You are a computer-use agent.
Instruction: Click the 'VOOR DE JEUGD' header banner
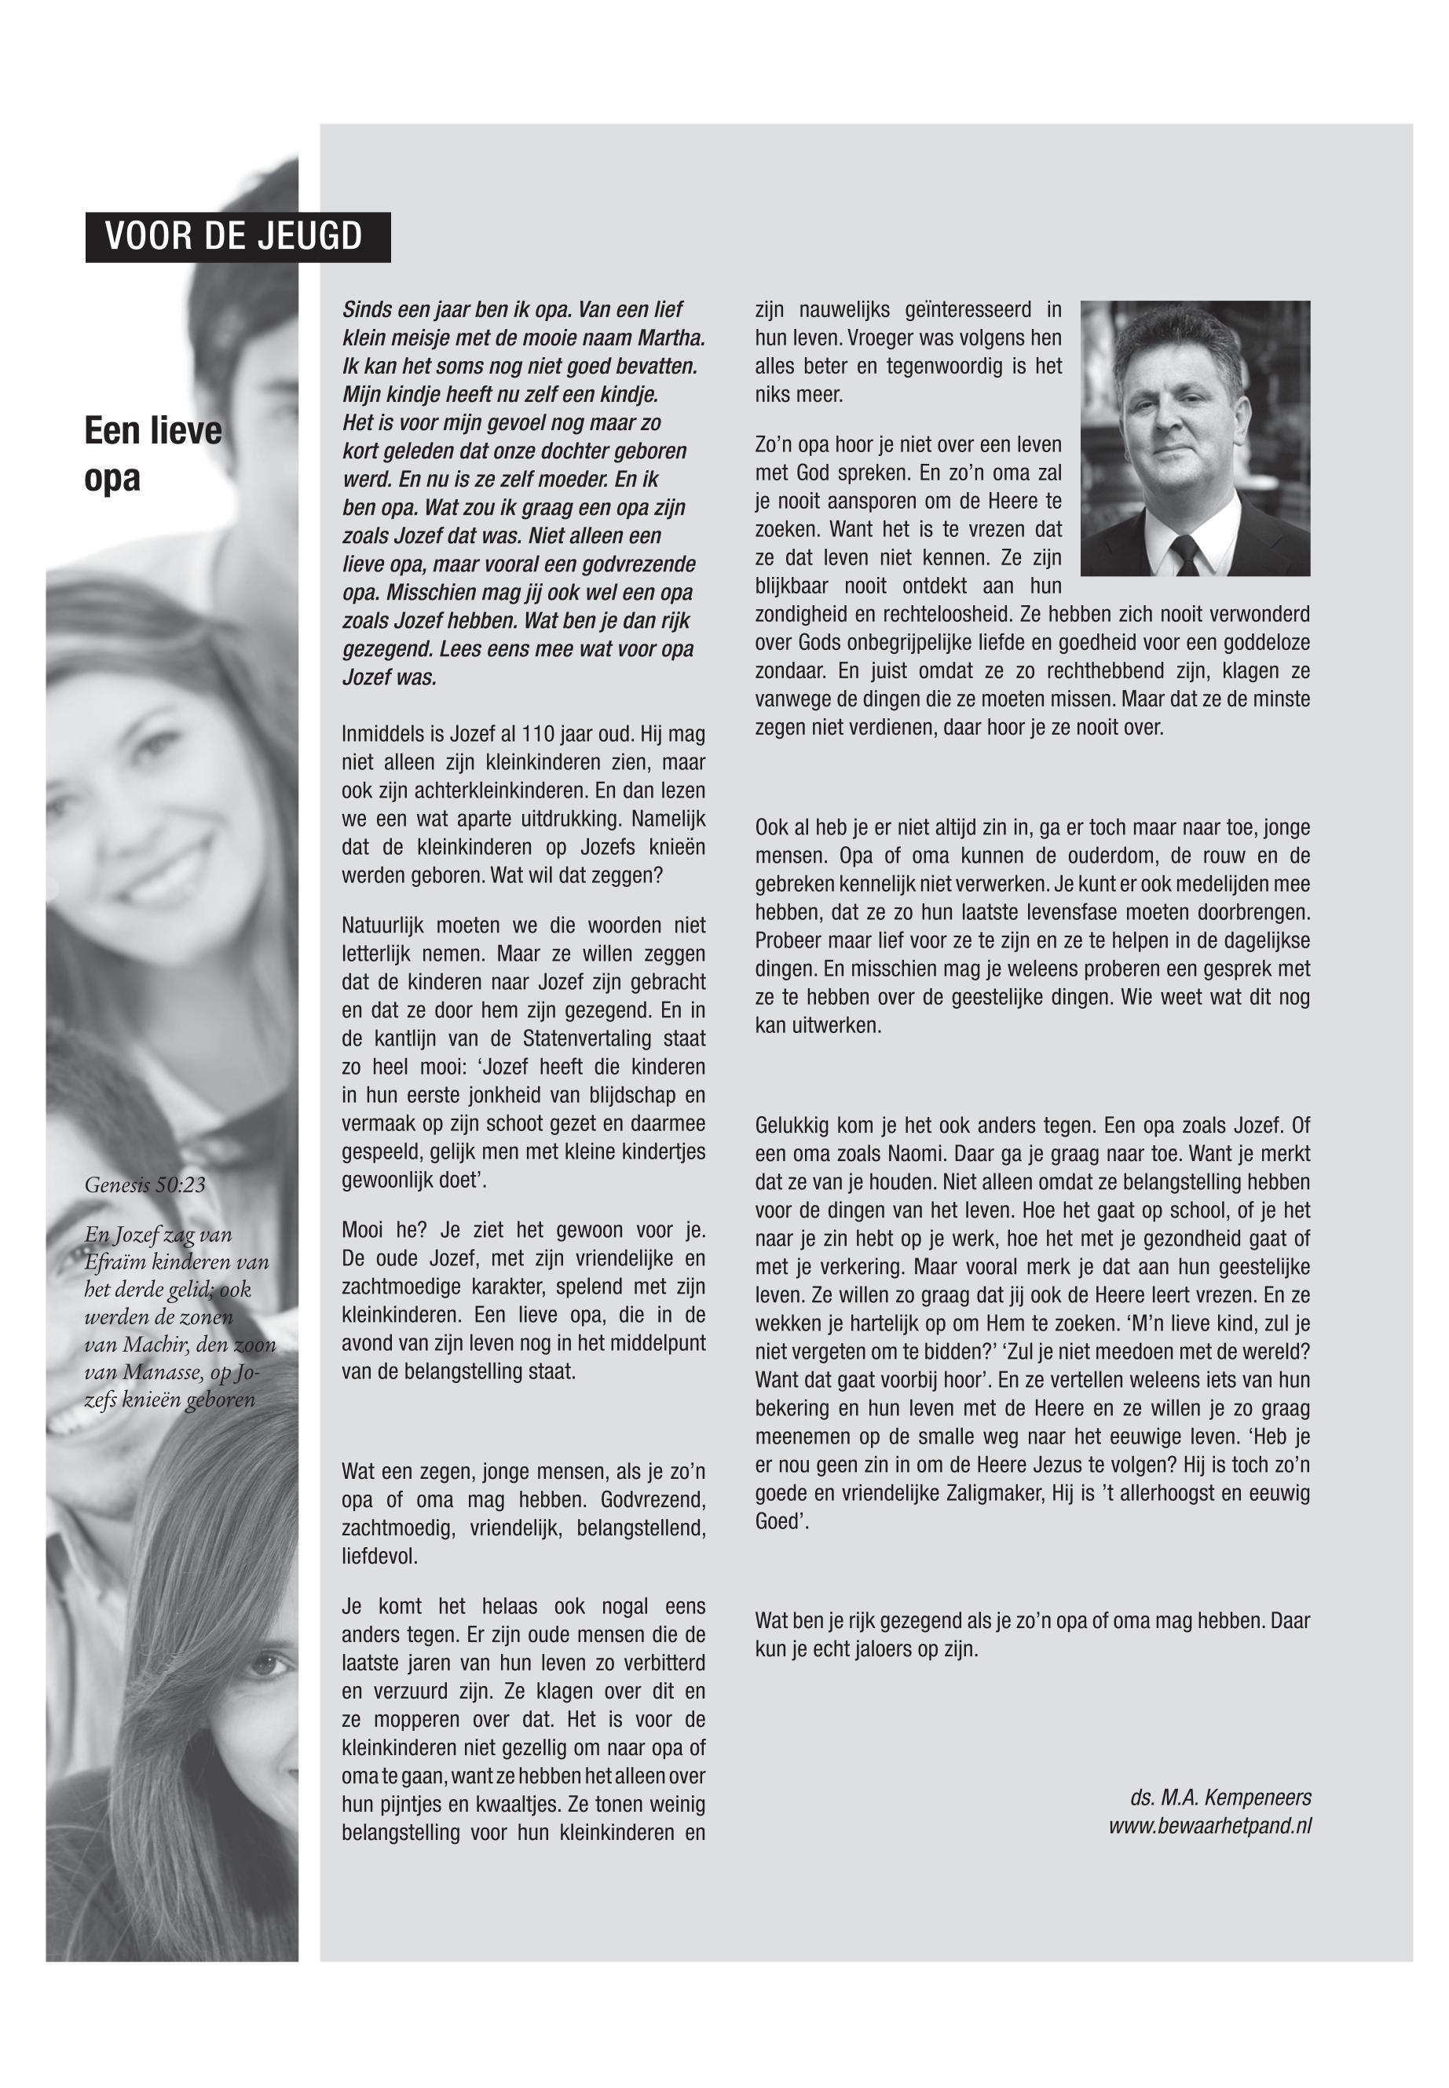click(x=237, y=237)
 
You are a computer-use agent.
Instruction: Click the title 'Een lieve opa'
click(x=152, y=453)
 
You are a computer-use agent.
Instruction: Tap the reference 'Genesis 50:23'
click(x=145, y=1185)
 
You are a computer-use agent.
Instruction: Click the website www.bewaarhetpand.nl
click(x=1209, y=1826)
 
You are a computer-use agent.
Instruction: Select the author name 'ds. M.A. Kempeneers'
click(x=1220, y=1798)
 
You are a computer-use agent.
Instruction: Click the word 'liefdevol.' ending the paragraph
click(x=379, y=1557)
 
